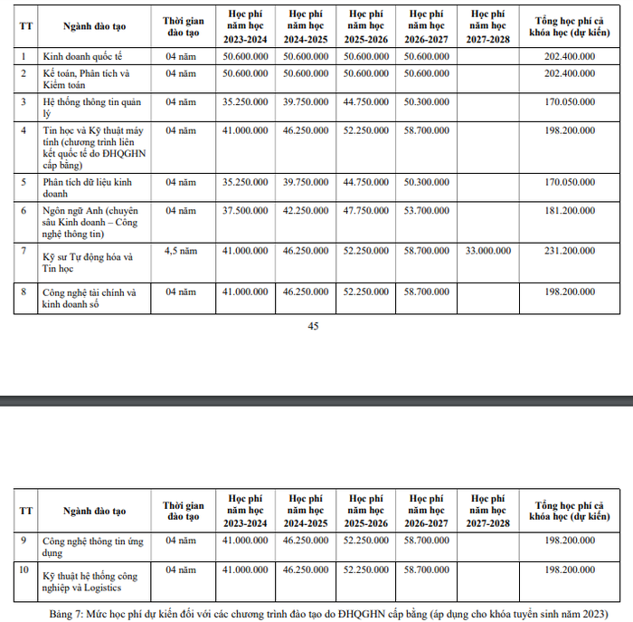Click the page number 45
(314, 327)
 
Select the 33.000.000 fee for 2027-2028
(487, 250)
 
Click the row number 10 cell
(26, 570)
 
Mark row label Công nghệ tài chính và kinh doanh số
(89, 299)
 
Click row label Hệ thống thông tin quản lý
(91, 108)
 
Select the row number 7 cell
(26, 250)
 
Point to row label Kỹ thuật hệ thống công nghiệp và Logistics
(90, 579)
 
